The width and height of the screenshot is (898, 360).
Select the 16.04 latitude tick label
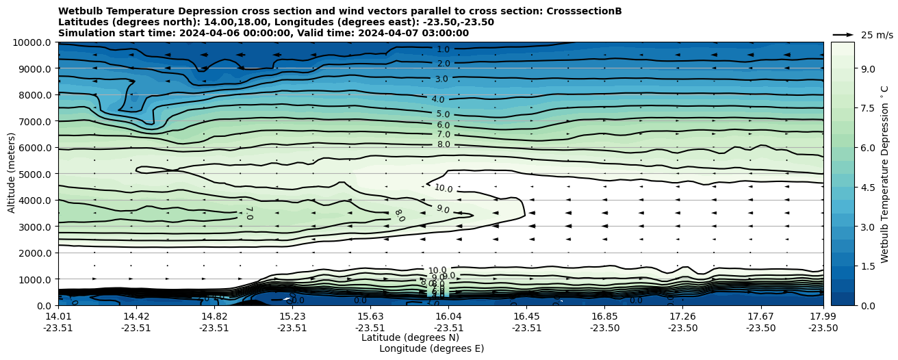click(x=448, y=316)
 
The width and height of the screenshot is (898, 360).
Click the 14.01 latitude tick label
click(x=58, y=316)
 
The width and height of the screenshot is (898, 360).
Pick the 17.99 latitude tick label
click(x=823, y=316)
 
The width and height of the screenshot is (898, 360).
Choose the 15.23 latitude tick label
click(x=292, y=316)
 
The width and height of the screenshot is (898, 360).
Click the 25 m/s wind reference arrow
click(x=843, y=34)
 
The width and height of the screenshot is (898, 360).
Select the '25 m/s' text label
click(x=877, y=35)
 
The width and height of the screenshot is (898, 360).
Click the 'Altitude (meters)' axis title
click(x=12, y=174)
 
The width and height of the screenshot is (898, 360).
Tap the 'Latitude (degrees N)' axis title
click(x=410, y=337)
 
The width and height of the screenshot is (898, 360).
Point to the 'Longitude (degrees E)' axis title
click(x=431, y=348)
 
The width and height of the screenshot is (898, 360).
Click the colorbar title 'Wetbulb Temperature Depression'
click(x=885, y=174)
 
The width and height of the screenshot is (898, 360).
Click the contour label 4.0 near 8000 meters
click(x=438, y=100)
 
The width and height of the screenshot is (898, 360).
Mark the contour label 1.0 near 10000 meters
click(x=443, y=49)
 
